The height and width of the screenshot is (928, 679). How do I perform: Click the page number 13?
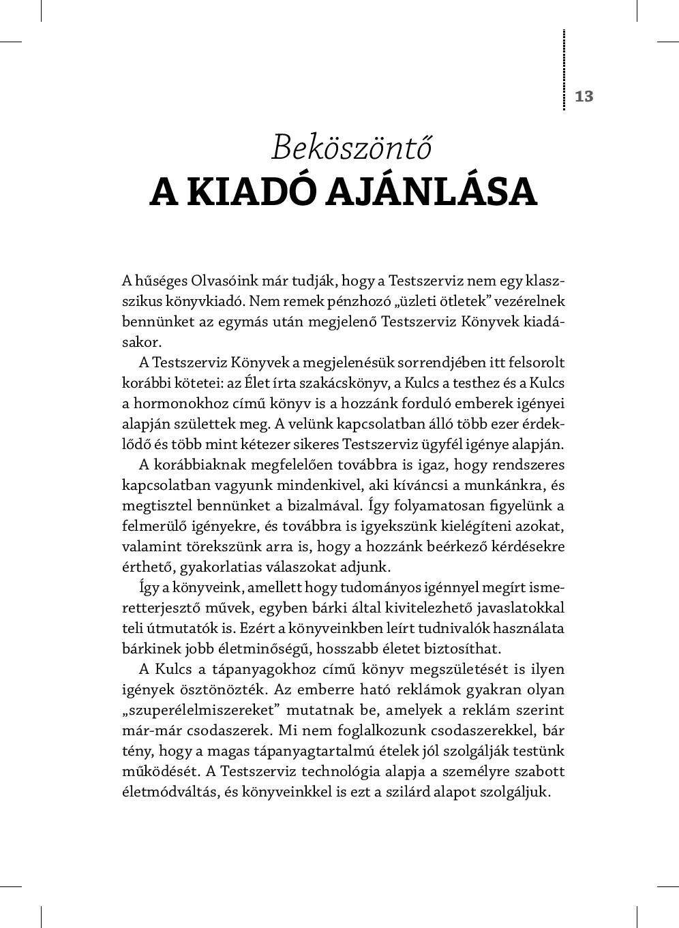(584, 96)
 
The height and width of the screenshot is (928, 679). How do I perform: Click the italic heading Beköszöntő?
(352, 146)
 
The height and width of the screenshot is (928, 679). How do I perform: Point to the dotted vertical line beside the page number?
(564, 69)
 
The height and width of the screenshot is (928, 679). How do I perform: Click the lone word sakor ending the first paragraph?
(141, 342)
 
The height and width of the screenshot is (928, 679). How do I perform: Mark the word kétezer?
(272, 444)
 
